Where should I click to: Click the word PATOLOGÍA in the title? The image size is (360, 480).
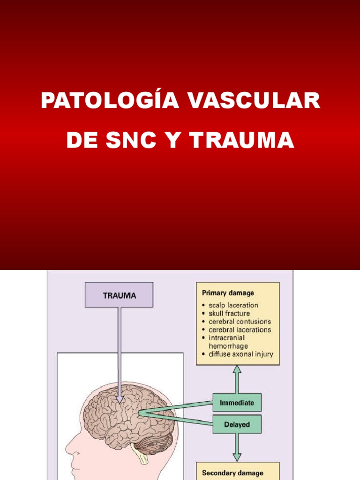(x=110, y=101)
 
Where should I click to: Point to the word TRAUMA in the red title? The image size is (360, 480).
(x=243, y=140)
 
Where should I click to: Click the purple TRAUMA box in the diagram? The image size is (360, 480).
(x=119, y=295)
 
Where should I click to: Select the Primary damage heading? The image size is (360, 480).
(x=228, y=293)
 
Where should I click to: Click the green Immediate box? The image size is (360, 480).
(x=237, y=403)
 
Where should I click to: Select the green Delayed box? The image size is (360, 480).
(x=237, y=425)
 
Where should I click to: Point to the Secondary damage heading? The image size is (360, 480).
(x=232, y=473)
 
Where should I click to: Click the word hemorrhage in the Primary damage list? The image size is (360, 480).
(x=228, y=346)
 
